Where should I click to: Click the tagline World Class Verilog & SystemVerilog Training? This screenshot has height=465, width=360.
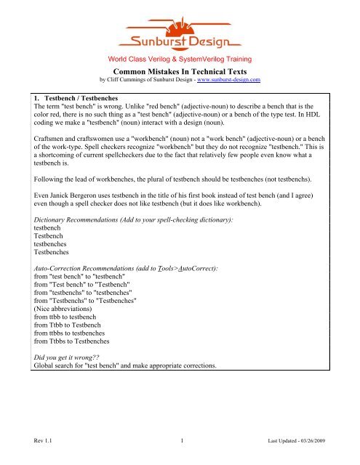180,57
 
